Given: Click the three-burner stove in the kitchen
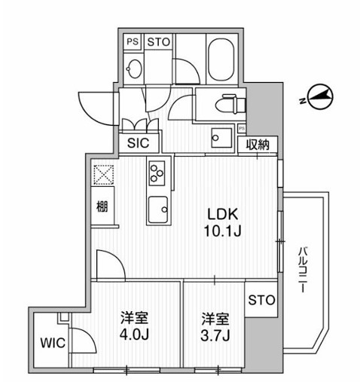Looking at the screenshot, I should [157, 173].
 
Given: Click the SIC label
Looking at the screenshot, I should [138, 143].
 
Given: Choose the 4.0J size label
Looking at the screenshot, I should [136, 332].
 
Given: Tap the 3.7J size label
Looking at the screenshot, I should [215, 332].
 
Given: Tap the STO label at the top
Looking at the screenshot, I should [157, 41].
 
